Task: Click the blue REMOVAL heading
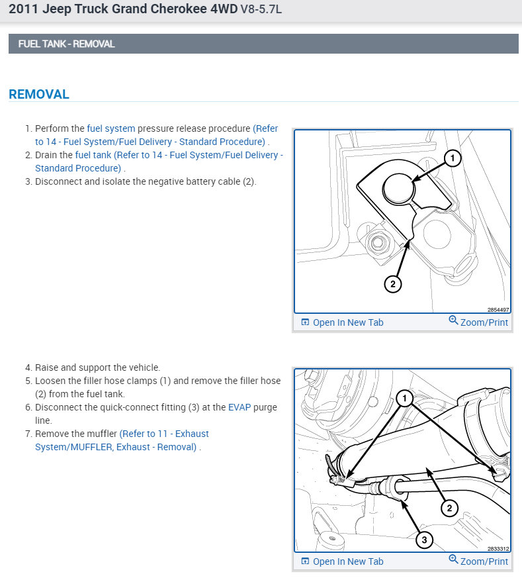(39, 94)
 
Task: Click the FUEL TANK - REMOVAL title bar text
(66, 44)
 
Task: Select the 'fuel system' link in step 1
(111, 128)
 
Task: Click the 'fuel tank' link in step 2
(93, 155)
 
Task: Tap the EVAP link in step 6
(239, 407)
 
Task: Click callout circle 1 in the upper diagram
(451, 158)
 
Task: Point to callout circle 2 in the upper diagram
(392, 283)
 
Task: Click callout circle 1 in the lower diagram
(406, 397)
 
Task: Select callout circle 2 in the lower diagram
(449, 508)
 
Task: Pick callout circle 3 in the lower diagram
(424, 540)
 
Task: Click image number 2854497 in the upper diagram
(498, 309)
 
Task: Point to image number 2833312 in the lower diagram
(498, 548)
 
